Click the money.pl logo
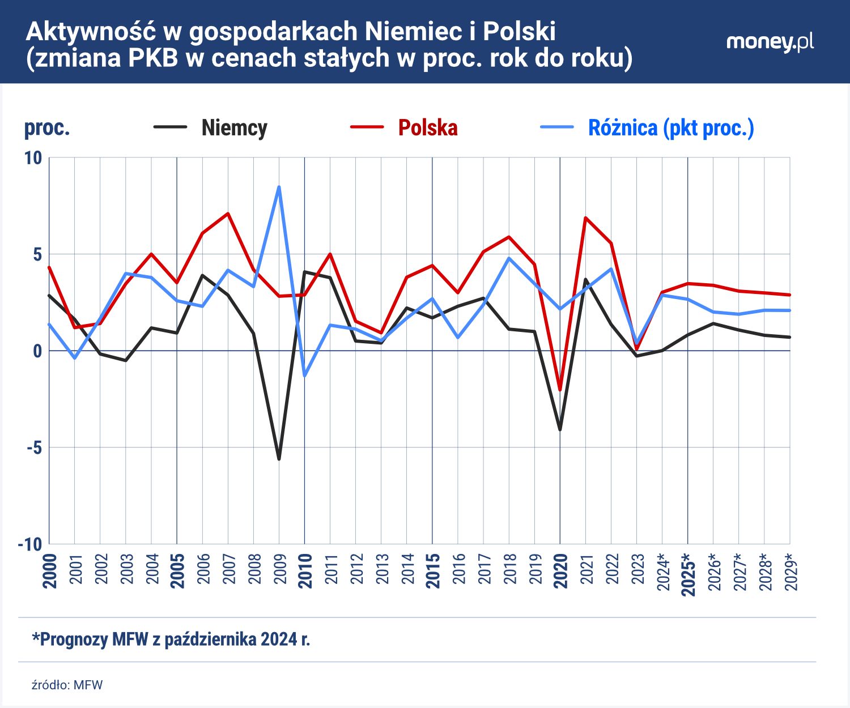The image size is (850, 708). (770, 42)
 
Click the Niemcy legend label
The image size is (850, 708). (234, 127)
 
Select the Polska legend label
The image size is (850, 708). (427, 127)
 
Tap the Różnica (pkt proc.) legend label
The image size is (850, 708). (670, 128)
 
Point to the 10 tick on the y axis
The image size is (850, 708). (33, 158)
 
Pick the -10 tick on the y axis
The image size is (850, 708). (31, 544)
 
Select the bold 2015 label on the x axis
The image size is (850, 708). (433, 571)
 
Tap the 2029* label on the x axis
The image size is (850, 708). (790, 573)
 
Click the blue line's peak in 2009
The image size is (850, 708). (279, 187)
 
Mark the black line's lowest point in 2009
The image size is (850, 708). (279, 459)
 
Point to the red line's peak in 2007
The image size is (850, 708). (228, 214)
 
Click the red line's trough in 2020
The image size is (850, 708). (560, 390)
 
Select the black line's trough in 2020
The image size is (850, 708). (560, 430)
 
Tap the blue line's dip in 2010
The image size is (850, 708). (305, 376)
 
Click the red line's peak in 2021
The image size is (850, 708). (585, 217)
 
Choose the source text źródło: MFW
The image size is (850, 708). (67, 685)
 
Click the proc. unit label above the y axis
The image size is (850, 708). (46, 128)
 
